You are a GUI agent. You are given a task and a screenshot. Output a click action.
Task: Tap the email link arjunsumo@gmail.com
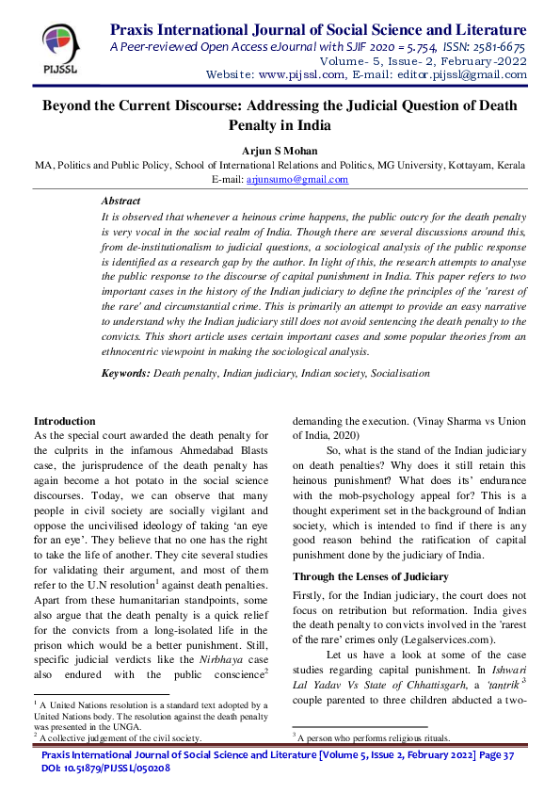312,179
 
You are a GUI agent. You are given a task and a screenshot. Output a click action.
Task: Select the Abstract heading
120,201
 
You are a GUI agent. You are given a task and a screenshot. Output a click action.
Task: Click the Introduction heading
64,420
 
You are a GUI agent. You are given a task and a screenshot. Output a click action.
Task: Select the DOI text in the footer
105,769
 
